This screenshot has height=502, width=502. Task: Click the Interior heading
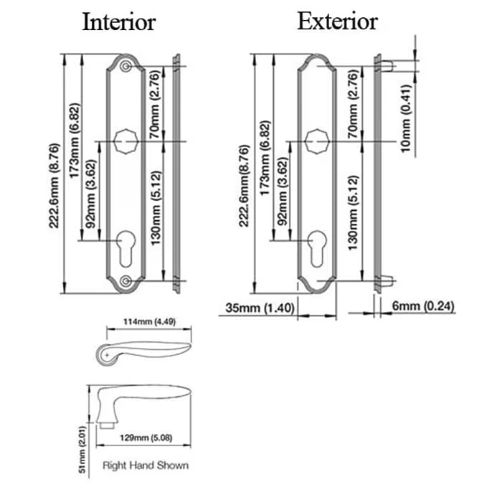(x=119, y=22)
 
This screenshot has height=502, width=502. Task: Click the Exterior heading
(x=337, y=22)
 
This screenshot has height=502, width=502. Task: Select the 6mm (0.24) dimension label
(x=423, y=307)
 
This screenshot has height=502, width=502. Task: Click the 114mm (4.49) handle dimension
(x=150, y=321)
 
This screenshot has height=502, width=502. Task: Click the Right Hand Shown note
(x=146, y=465)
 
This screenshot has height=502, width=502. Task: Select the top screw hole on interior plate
(x=126, y=67)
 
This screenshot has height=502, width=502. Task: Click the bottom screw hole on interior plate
(x=126, y=280)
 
